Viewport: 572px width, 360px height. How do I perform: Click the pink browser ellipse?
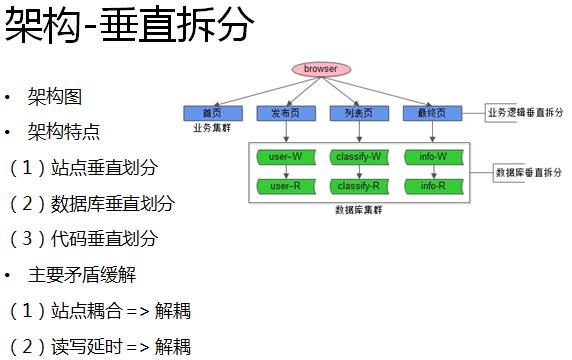tap(320, 69)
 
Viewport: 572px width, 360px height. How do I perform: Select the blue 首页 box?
tap(211, 113)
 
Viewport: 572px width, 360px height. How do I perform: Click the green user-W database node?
tap(286, 157)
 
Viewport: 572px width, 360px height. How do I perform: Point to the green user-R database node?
tap(286, 186)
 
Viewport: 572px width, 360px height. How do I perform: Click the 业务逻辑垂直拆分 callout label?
tap(525, 112)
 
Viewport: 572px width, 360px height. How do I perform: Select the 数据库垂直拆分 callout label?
tap(529, 172)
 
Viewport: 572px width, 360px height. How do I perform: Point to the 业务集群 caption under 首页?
tap(211, 128)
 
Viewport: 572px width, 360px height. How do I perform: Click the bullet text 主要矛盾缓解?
tap(82, 274)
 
